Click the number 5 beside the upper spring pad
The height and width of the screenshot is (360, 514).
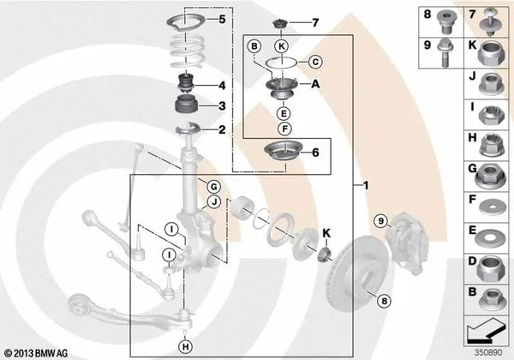(x=222, y=19)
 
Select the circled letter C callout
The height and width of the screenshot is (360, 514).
(x=315, y=62)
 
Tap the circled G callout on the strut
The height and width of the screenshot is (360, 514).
(x=213, y=187)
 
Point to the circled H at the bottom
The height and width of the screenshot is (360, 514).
(x=186, y=347)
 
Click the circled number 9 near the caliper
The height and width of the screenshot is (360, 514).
(x=381, y=221)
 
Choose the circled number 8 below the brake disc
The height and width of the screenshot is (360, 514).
(x=384, y=300)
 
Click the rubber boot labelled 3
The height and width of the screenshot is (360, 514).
(x=185, y=105)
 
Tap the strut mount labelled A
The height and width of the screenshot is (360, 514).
(x=282, y=88)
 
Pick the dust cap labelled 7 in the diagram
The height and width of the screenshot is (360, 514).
(x=280, y=24)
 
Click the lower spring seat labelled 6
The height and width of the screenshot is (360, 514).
(x=283, y=152)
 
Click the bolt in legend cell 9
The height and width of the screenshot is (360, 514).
(x=445, y=53)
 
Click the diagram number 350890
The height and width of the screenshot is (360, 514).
(x=489, y=352)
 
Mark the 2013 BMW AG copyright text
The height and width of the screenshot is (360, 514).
(x=36, y=353)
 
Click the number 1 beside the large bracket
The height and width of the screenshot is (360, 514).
(x=366, y=186)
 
